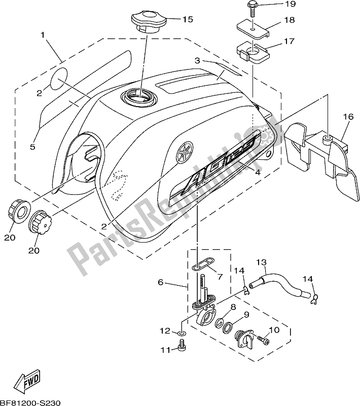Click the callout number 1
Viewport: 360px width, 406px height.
pos(43,35)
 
